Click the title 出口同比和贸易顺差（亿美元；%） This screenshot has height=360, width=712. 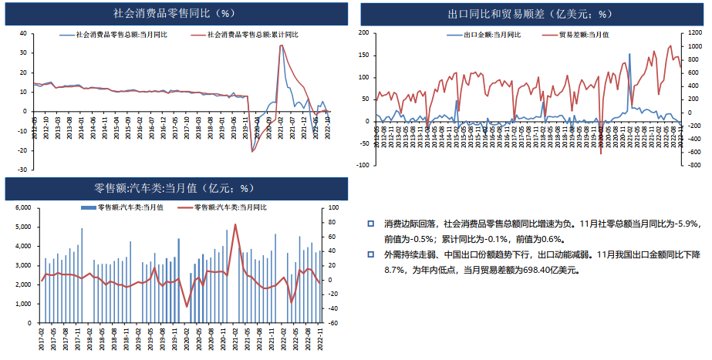point(529,13)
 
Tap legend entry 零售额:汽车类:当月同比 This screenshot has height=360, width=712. point(230,207)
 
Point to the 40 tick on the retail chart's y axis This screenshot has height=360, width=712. point(23,34)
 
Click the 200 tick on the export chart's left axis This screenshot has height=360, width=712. point(363,33)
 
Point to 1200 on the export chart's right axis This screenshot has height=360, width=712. point(694,33)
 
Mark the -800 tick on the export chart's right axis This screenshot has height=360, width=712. point(694,165)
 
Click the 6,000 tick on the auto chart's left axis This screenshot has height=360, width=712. point(22,208)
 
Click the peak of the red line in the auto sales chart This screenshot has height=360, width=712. point(235,224)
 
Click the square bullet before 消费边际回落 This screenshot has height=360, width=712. point(370,224)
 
